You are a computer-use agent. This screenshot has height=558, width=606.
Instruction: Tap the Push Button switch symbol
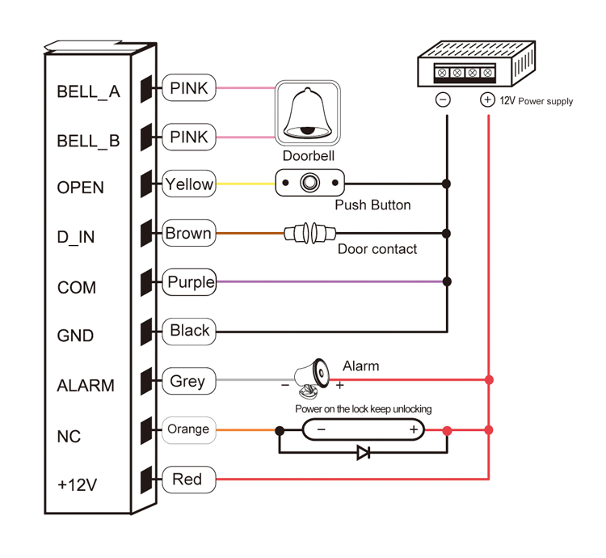pos(309,184)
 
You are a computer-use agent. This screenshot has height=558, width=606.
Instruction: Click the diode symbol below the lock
pos(364,453)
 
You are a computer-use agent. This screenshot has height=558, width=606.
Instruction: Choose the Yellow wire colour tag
pos(189,184)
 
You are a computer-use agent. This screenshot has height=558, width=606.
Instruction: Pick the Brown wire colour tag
pos(188,234)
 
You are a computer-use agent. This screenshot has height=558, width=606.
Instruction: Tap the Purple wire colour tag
pos(191,282)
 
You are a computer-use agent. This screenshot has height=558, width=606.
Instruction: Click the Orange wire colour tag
pos(188,429)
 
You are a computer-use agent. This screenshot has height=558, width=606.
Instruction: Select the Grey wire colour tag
pos(187,381)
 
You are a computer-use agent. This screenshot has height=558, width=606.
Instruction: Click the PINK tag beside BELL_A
pos(189,87)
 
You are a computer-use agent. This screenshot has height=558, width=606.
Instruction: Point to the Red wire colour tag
pos(187,480)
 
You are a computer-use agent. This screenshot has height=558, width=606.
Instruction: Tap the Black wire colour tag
pos(190,331)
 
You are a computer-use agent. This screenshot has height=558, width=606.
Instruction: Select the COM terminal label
pos(77,288)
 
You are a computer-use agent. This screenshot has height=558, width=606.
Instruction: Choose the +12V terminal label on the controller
pos(78,485)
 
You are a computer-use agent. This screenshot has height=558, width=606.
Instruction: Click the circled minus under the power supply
pos(443,100)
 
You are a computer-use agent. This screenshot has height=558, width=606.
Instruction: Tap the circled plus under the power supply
pos(487,100)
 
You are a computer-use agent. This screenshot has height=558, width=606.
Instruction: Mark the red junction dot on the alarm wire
pos(488,379)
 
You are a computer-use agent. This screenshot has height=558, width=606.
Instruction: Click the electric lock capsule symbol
pos(364,430)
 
